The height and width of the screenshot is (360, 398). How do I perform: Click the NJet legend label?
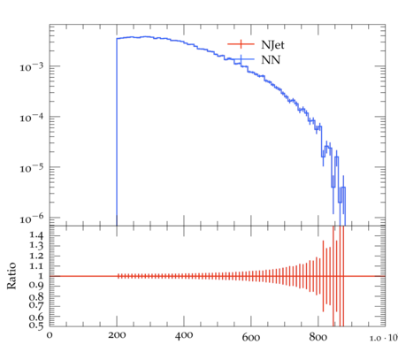tap(272, 45)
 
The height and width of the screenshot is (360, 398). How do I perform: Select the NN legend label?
tap(271, 60)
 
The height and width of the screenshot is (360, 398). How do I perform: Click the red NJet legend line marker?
tap(241, 44)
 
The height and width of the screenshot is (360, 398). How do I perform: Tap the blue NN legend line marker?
tap(241, 59)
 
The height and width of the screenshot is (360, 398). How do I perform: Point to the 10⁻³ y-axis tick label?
tap(32, 66)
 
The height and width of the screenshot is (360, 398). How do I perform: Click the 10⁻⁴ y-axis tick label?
tap(32, 118)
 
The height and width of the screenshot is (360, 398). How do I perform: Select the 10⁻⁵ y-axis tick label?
tap(32, 168)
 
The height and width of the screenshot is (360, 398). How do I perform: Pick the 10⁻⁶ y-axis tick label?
tap(32, 218)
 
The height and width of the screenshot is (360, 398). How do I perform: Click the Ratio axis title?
tap(11, 276)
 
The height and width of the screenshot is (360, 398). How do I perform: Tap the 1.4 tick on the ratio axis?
tap(36, 235)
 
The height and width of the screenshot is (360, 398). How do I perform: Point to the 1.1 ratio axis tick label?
tap(36, 266)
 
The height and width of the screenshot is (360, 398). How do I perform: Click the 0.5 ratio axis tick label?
tap(36, 325)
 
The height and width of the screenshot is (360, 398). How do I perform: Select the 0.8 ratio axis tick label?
tap(36, 296)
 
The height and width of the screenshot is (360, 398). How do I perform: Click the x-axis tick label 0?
tap(50, 335)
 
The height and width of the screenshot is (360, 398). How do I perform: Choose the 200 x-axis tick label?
tap(117, 335)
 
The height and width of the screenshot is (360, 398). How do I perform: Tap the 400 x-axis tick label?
tap(184, 335)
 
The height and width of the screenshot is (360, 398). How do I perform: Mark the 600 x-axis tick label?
tap(251, 337)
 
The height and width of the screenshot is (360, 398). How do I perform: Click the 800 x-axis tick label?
tap(318, 337)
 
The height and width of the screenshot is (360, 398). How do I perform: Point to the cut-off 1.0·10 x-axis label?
tap(384, 338)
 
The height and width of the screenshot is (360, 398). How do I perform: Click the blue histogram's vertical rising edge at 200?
tap(117, 132)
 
